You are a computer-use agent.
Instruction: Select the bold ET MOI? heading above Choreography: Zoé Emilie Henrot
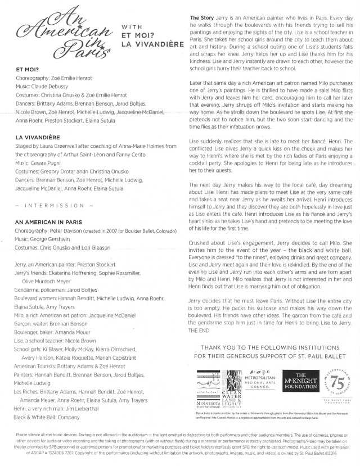click(28, 70)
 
